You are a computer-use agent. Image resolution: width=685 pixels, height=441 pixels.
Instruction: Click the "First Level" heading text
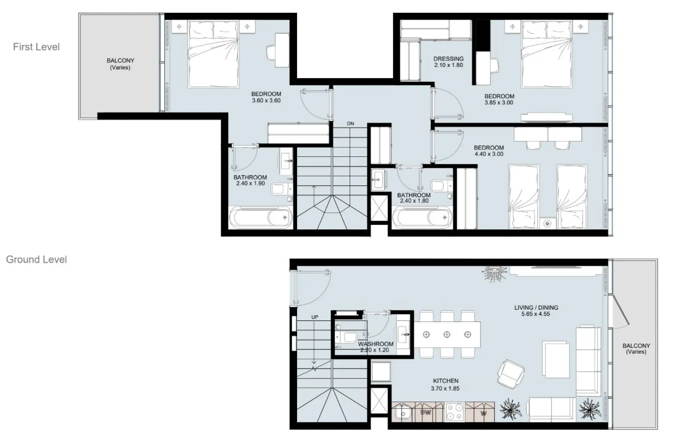[x=36, y=47]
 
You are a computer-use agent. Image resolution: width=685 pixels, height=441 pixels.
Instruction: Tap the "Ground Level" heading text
[x=36, y=259]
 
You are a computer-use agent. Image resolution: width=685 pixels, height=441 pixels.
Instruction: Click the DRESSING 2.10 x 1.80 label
[x=448, y=62]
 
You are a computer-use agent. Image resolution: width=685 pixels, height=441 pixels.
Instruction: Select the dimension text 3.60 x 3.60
[x=266, y=101]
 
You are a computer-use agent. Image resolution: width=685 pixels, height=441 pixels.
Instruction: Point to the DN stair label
[x=350, y=123]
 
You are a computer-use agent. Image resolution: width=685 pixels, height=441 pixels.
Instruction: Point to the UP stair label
[x=315, y=317]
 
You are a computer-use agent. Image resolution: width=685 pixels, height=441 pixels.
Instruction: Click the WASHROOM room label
[x=376, y=344]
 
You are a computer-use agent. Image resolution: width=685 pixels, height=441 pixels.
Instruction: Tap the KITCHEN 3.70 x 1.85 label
[x=445, y=384]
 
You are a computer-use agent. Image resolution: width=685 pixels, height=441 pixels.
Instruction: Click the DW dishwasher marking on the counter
[x=426, y=412]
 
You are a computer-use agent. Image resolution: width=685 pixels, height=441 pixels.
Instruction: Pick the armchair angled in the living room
[x=510, y=372]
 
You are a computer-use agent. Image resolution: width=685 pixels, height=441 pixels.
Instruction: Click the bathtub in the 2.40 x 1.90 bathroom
[x=260, y=218]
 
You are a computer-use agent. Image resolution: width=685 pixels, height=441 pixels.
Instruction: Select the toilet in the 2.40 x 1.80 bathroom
[x=439, y=186]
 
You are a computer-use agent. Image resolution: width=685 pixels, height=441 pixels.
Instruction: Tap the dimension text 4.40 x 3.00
[x=489, y=154]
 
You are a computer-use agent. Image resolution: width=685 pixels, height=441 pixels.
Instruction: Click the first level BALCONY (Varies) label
[x=120, y=64]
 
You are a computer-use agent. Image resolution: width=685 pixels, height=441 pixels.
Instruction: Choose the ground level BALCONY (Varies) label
[x=636, y=348]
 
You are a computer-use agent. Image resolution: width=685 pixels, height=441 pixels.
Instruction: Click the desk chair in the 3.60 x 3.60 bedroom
[x=272, y=52]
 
